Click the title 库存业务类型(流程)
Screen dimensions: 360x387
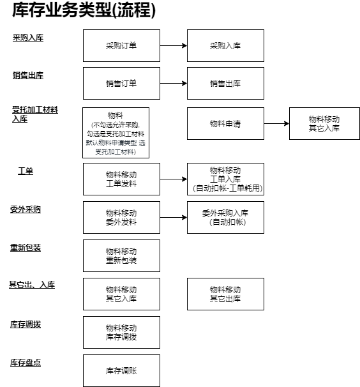pyautogui.click(x=84, y=10)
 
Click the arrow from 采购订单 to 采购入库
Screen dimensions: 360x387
pyautogui.click(x=174, y=45)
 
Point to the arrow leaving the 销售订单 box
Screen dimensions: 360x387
pyautogui.click(x=174, y=84)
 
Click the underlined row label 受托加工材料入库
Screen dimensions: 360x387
pyautogui.click(x=35, y=114)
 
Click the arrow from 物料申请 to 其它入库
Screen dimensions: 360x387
pyautogui.click(x=276, y=124)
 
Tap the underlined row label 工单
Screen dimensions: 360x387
pyautogui.click(x=26, y=171)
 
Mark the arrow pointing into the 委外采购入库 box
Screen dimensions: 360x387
pyautogui.click(x=174, y=217)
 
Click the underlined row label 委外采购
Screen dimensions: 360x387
pyautogui.click(x=26, y=209)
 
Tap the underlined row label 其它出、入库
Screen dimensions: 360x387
pyautogui.click(x=32, y=285)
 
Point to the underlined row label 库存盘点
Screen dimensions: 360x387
pyautogui.click(x=26, y=363)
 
